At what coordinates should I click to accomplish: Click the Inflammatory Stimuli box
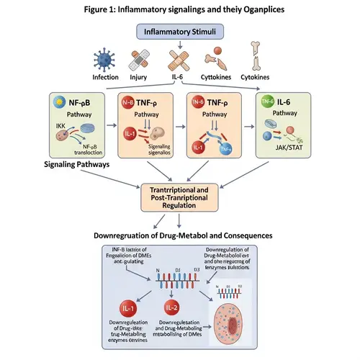click(179, 32)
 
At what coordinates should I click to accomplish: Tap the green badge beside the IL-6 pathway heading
click(266, 102)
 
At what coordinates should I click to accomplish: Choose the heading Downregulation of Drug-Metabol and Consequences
click(179, 234)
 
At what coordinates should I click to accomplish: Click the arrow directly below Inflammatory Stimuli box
click(179, 47)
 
